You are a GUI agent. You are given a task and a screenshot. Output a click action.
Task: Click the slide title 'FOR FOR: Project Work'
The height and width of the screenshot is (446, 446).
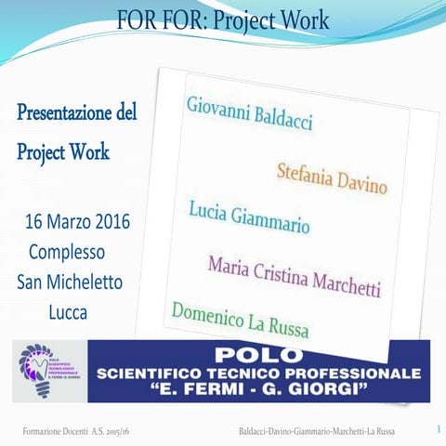pos(223,18)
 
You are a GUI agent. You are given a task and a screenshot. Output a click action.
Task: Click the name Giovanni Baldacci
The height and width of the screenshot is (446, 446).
pos(250,112)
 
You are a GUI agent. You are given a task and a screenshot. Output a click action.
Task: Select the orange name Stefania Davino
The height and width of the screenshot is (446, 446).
pos(332,177)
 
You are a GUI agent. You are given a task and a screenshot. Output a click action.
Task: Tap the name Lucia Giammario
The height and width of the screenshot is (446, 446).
pos(249,217)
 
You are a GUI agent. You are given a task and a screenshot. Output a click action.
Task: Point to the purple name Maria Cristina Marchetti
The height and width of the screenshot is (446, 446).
pos(295,276)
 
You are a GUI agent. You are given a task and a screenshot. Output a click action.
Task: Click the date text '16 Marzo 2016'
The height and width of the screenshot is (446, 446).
pos(77,223)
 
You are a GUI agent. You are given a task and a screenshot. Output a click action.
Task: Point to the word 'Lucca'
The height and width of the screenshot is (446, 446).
pos(68,311)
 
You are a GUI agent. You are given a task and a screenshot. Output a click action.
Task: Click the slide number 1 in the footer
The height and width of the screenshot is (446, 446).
pos(436,430)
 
